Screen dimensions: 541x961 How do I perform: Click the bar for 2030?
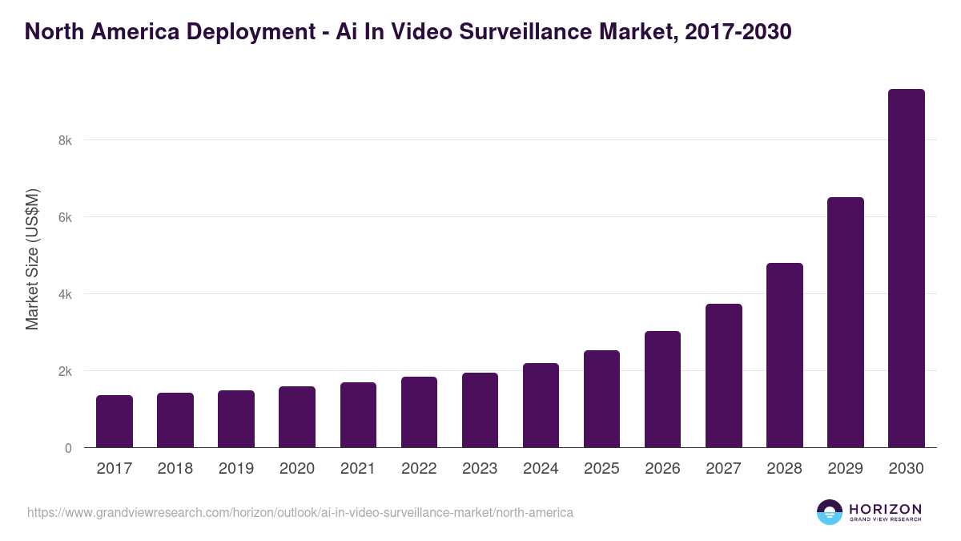[906, 268]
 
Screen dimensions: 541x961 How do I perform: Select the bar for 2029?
[845, 322]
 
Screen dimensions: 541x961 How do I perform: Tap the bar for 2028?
[784, 355]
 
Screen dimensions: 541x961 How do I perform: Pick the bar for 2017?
[115, 422]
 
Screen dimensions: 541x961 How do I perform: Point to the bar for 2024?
[541, 406]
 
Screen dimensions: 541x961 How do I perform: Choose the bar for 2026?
[662, 390]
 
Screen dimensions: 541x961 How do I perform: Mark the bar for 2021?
[358, 415]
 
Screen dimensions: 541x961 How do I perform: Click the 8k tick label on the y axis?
[65, 140]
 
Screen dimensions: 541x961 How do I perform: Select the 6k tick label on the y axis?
[65, 217]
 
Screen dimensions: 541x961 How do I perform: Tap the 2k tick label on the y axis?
[65, 371]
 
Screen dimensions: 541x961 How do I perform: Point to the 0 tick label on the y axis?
[68, 448]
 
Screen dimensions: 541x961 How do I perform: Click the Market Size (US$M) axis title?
[32, 259]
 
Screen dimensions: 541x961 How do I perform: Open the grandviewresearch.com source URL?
[300, 512]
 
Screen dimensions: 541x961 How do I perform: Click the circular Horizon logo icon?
[829, 512]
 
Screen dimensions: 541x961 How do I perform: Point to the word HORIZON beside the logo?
[885, 508]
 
